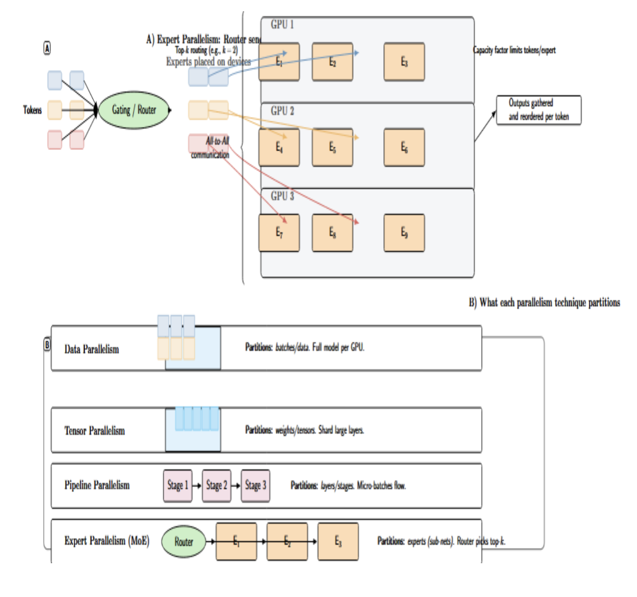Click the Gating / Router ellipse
(x=134, y=110)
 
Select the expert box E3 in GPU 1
(x=404, y=62)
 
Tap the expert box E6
(x=404, y=147)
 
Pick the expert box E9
(x=404, y=232)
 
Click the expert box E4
(x=279, y=147)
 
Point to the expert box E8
(x=332, y=232)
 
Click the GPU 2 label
(x=282, y=111)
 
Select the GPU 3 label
(x=282, y=196)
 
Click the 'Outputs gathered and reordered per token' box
(x=538, y=110)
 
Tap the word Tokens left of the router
(x=32, y=110)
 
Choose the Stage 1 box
(x=177, y=485)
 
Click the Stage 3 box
(x=255, y=485)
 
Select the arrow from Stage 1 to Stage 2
(x=197, y=486)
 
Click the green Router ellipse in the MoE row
(x=183, y=542)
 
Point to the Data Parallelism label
(x=91, y=349)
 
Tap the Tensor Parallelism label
(x=95, y=431)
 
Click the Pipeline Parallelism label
(x=97, y=485)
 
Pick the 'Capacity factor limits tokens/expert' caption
(x=514, y=50)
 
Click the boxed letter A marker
(x=47, y=48)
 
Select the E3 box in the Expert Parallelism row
(x=338, y=541)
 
